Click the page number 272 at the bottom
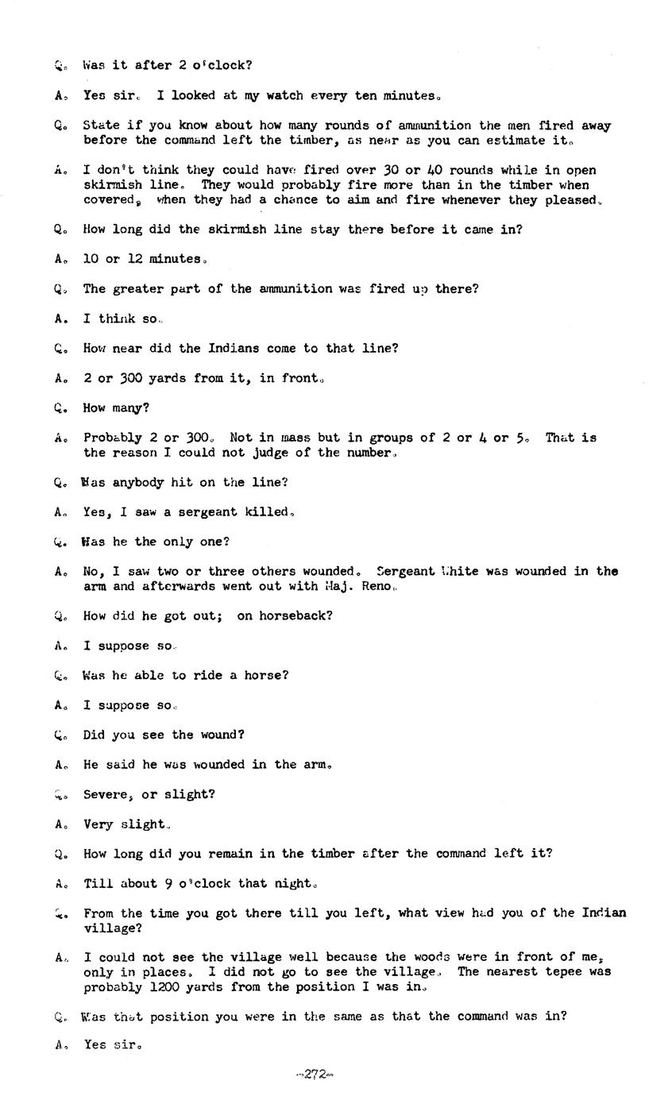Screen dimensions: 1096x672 (315, 1075)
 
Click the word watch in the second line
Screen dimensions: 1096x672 (281, 95)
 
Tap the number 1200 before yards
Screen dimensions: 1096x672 (168, 986)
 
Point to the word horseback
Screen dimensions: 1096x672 (280, 616)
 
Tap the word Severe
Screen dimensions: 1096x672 (107, 794)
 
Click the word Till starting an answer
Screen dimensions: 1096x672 (98, 883)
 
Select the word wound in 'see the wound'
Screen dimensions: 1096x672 (218, 735)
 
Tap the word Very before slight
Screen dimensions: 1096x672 (98, 824)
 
